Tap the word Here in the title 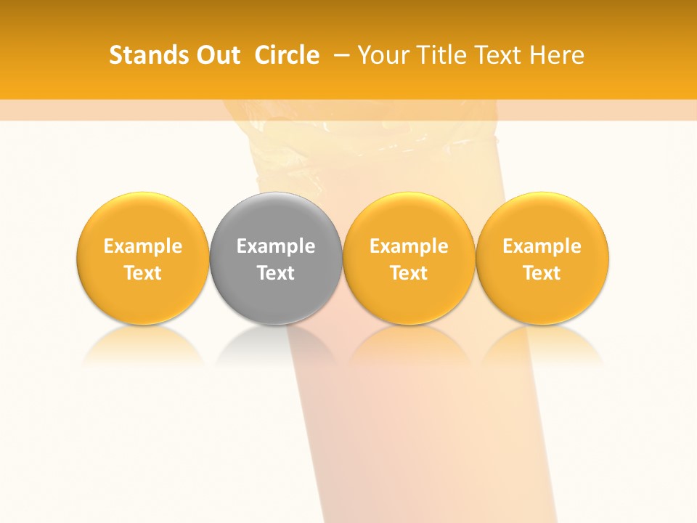(557, 55)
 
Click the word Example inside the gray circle (276, 246)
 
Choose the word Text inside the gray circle (276, 273)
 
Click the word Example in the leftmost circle (143, 246)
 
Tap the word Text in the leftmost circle (143, 273)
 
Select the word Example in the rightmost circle (542, 246)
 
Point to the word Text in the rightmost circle (542, 273)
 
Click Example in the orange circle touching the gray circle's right (409, 246)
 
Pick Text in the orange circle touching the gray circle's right (409, 273)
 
